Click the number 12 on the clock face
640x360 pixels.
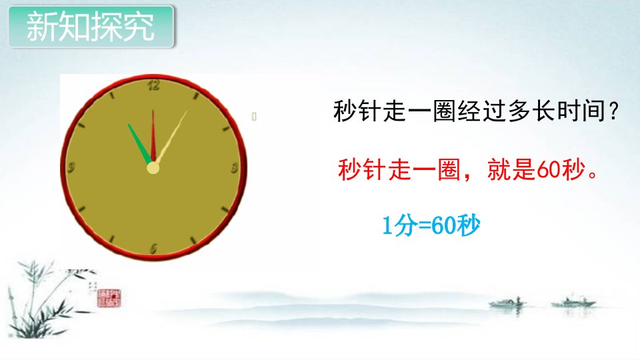(x=153, y=85)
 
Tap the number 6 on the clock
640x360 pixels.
(x=153, y=249)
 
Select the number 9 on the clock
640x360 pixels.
(x=71, y=167)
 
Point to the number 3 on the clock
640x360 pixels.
(x=234, y=168)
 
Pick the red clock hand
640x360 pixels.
(x=153, y=135)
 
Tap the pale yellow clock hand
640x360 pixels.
(x=171, y=137)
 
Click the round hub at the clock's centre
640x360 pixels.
(x=153, y=168)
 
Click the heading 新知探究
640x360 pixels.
(x=90, y=27)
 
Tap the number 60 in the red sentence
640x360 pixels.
(x=549, y=169)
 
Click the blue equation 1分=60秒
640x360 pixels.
(x=431, y=225)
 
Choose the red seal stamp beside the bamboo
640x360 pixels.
(x=109, y=297)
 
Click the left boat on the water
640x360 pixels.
(x=507, y=303)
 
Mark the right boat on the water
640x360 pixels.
(x=573, y=303)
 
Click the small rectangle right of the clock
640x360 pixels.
(x=254, y=117)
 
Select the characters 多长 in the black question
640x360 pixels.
(x=531, y=111)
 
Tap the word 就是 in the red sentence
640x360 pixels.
(x=511, y=169)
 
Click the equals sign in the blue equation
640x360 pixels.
(x=425, y=226)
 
